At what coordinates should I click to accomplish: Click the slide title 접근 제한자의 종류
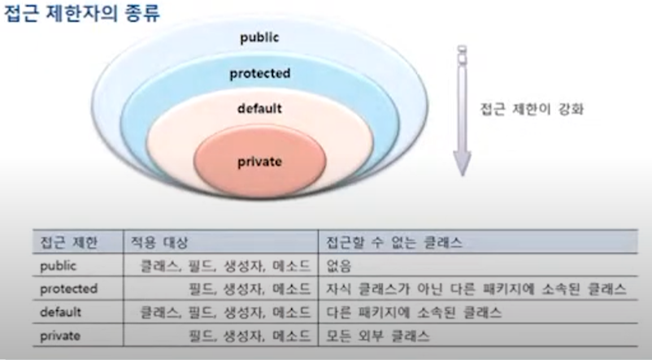(x=82, y=13)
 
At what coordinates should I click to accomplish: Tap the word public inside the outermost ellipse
(x=259, y=38)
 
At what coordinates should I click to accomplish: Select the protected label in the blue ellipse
(x=260, y=74)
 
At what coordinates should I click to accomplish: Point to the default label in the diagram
(x=259, y=109)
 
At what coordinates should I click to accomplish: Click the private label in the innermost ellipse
(x=259, y=162)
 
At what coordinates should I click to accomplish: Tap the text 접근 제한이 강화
(x=532, y=110)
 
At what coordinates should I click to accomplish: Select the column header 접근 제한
(x=68, y=242)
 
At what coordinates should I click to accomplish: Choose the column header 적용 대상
(x=159, y=242)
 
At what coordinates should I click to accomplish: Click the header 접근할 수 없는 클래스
(x=393, y=242)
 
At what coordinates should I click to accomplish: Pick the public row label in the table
(x=59, y=266)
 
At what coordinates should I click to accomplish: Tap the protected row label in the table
(x=68, y=289)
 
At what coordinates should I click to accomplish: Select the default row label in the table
(x=60, y=312)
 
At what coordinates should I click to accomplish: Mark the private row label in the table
(x=60, y=336)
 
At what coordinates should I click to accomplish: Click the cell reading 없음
(x=338, y=266)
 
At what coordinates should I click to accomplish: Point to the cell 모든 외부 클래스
(x=377, y=336)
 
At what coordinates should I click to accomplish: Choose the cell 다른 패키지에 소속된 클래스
(x=414, y=312)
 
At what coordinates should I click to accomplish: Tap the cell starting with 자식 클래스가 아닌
(x=476, y=289)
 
